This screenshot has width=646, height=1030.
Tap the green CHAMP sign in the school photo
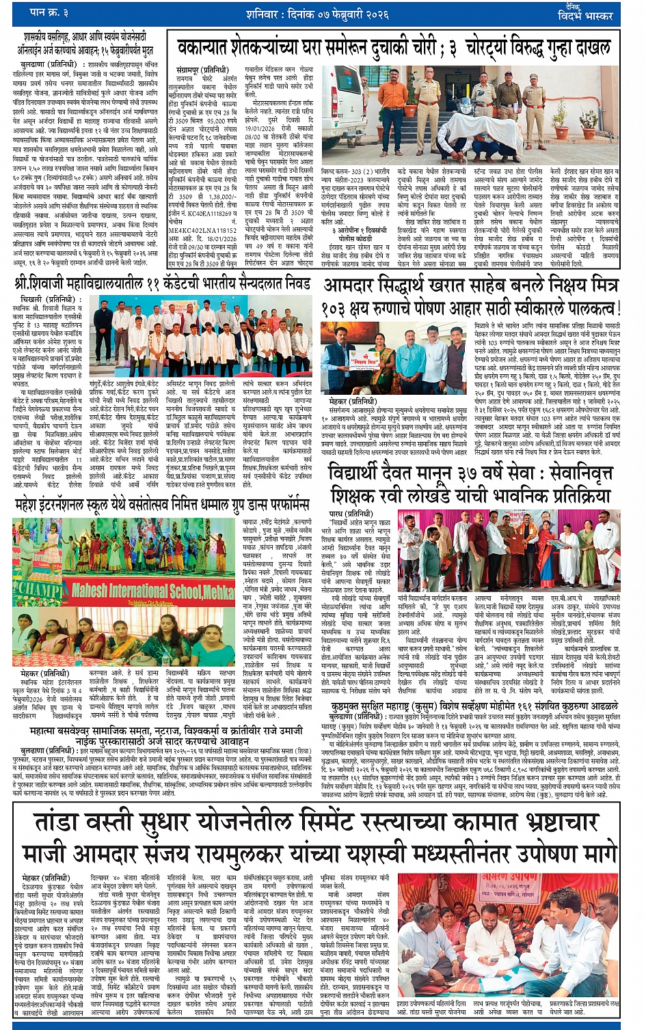37,588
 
